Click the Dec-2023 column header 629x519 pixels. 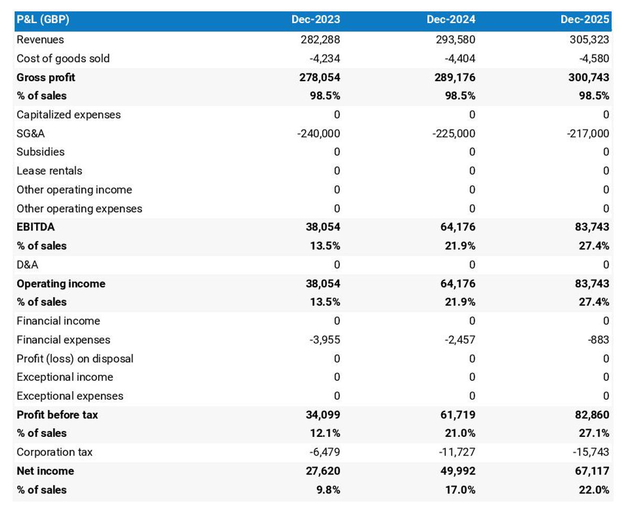316,20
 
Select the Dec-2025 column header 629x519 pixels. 585,20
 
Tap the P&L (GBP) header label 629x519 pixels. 43,20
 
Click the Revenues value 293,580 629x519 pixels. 455,40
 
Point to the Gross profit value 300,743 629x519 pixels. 589,78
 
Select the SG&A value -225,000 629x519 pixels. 454,134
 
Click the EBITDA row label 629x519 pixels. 36,227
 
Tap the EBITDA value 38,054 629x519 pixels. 323,227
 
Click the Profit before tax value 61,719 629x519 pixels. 457,415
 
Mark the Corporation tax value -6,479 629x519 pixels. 325,452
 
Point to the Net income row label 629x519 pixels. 45,471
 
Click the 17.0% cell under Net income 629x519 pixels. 460,490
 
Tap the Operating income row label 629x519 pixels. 61,284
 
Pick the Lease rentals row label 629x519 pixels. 49,171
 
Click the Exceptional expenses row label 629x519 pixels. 70,396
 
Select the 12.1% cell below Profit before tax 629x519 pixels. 325,434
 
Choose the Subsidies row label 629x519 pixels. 41,152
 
